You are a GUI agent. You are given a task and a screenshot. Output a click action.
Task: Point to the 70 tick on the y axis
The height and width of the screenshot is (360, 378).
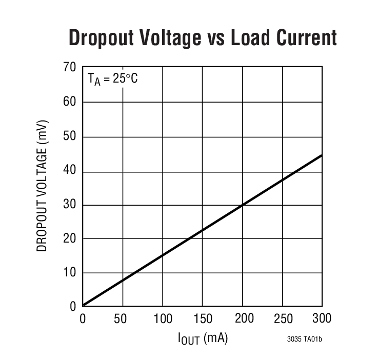coord(70,68)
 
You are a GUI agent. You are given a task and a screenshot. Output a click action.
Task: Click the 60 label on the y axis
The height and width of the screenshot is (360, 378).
coord(70,102)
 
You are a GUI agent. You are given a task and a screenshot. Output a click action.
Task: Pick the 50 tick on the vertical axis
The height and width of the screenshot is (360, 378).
coord(70,136)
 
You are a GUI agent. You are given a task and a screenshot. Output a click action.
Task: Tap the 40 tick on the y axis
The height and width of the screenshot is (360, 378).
coord(70,170)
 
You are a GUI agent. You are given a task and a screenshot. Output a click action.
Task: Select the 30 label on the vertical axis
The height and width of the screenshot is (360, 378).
coord(70,205)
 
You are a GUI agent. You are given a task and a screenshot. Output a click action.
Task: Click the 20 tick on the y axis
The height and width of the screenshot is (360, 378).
coord(70,238)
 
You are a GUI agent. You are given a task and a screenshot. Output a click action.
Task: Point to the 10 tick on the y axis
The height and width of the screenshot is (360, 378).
coord(70,272)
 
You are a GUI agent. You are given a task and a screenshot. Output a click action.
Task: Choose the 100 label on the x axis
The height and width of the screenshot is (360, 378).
coord(163,319)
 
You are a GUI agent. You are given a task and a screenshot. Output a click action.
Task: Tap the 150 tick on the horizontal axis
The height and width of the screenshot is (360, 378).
coord(203,319)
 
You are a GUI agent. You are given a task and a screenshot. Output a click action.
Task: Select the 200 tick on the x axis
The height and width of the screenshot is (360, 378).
coord(243,319)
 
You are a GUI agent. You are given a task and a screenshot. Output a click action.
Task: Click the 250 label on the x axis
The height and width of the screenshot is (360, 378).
coord(283,319)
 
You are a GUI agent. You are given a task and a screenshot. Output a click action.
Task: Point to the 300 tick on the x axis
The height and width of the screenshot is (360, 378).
coord(322,319)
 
